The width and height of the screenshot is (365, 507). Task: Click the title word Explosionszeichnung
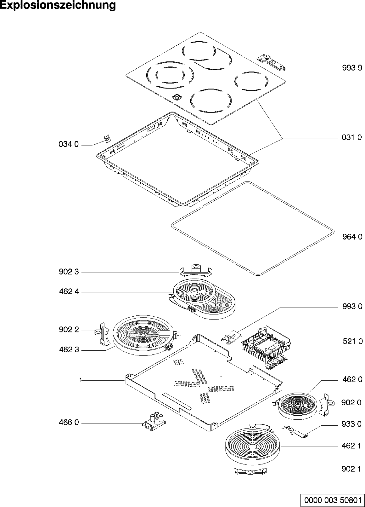58,5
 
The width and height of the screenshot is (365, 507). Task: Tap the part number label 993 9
352,68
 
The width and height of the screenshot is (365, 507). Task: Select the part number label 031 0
352,137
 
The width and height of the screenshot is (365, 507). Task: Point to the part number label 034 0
69,145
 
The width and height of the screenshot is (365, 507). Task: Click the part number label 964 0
352,237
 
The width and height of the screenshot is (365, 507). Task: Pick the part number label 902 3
69,272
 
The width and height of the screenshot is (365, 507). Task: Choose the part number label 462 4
69,292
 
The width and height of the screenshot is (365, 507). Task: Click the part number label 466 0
69,423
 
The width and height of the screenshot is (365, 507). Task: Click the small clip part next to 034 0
108,138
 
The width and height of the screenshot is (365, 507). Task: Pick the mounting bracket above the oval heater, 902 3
196,270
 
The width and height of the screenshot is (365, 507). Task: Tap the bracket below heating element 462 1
251,472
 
